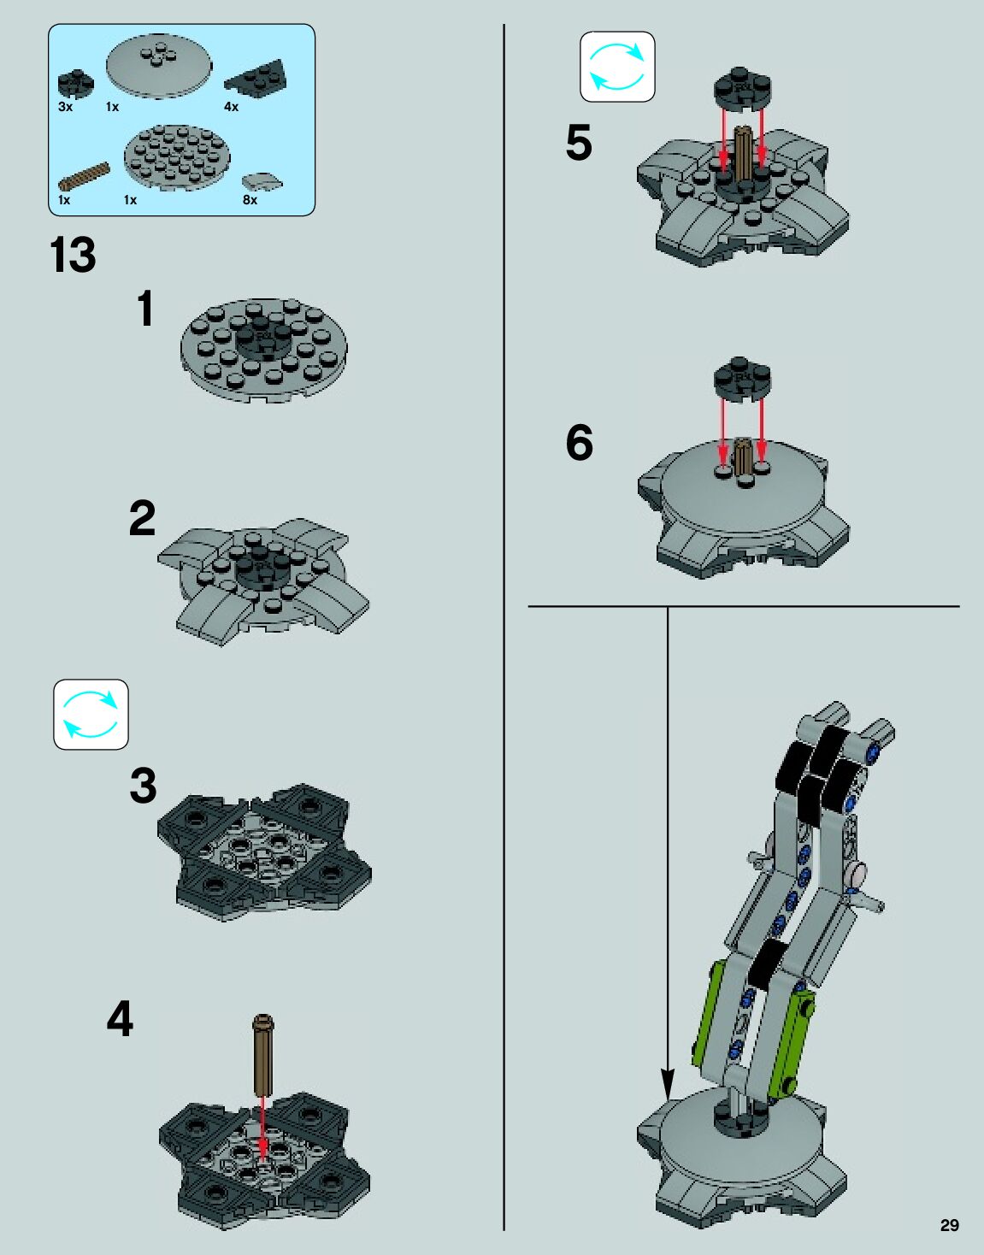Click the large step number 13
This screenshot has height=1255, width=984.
(73, 255)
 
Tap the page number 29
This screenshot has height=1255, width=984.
(949, 1225)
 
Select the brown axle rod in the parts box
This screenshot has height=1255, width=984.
(84, 176)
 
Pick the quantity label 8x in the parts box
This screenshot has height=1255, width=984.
(250, 200)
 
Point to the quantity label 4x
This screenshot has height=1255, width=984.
(231, 107)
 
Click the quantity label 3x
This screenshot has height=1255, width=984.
(65, 107)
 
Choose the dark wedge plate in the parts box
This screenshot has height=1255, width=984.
(255, 79)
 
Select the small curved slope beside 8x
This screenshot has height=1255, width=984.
(261, 181)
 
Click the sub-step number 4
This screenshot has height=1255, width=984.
(120, 1019)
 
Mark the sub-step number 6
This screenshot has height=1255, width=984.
(579, 443)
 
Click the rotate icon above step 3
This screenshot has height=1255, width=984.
(91, 715)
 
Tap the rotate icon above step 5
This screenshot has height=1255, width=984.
(617, 67)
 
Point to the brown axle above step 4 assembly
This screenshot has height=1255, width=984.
(262, 1055)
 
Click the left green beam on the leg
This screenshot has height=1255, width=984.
(709, 1013)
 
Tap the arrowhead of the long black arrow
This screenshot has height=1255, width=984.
(668, 1085)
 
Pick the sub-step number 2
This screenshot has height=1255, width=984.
(142, 518)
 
